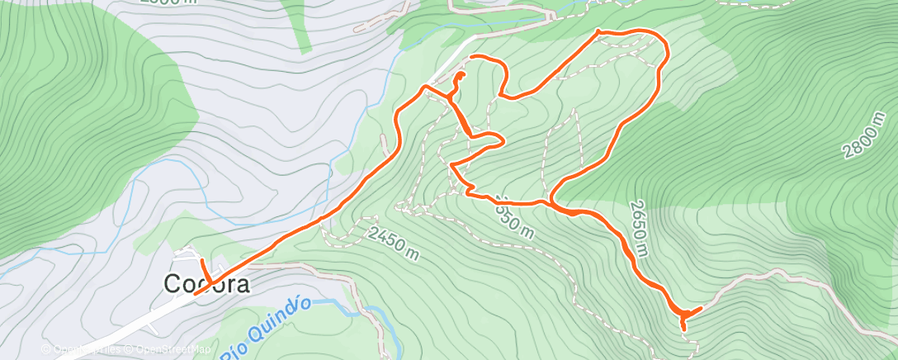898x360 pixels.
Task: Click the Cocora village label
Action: click(x=206, y=283)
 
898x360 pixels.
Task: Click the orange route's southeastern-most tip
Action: click(x=683, y=329)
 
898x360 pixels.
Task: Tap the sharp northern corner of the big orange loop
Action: click(x=598, y=32)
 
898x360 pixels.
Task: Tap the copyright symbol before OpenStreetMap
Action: click(x=130, y=349)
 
